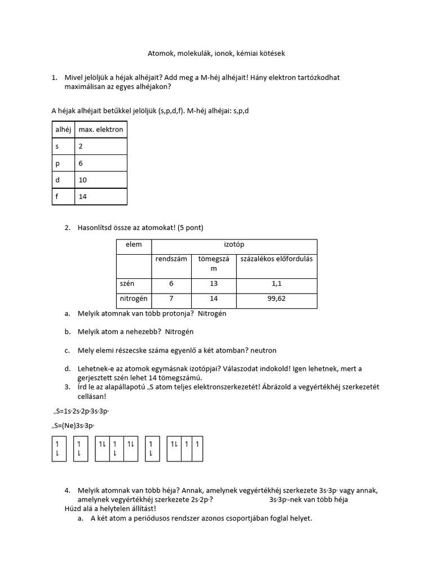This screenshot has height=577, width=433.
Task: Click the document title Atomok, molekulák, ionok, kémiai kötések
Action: (x=216, y=54)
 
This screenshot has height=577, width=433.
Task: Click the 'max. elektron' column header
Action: (x=100, y=129)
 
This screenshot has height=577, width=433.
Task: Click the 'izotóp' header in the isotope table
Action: (x=234, y=245)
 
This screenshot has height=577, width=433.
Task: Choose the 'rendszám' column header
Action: (x=172, y=259)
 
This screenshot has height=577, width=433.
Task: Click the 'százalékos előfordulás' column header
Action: (x=276, y=259)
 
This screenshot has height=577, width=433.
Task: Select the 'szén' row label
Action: (x=126, y=283)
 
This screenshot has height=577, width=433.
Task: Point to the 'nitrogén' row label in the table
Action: (x=133, y=299)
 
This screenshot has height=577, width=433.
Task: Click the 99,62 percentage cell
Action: (x=276, y=299)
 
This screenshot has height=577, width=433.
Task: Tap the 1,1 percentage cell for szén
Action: (x=276, y=283)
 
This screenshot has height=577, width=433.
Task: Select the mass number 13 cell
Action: (x=214, y=283)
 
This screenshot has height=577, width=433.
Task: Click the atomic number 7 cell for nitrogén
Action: (x=172, y=299)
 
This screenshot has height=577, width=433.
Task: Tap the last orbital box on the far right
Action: (x=197, y=448)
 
